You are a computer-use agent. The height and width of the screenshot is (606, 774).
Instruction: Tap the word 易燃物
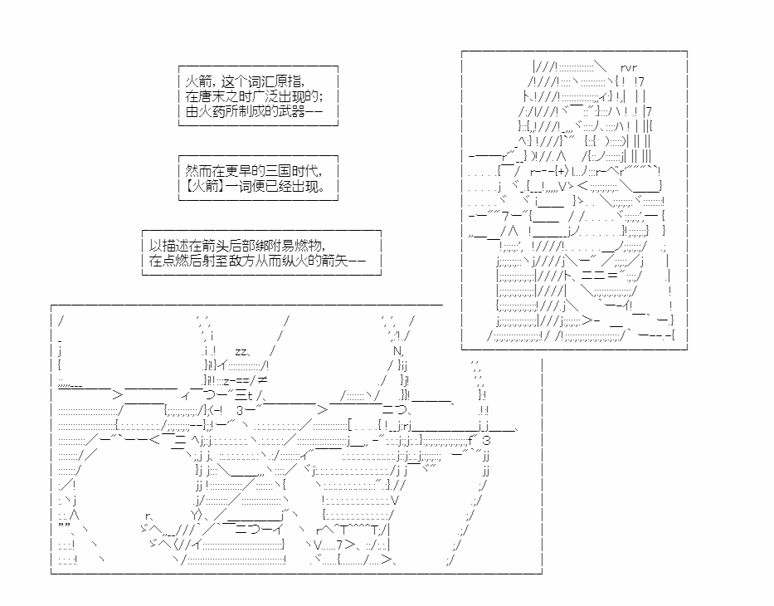[308, 245]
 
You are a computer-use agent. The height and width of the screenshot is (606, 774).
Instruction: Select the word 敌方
[260, 260]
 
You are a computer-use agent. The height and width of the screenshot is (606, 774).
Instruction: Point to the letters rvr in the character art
[628, 67]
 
